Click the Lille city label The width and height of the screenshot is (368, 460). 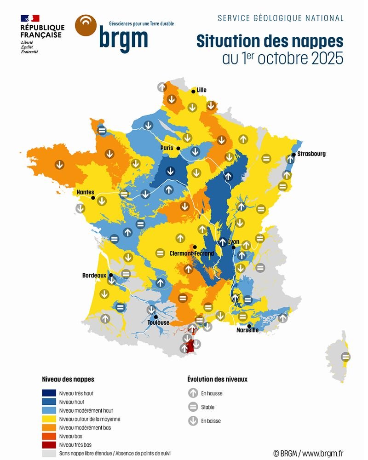(x=201, y=90)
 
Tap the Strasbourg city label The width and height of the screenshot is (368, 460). (x=311, y=154)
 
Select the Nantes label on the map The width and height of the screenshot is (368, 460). (x=86, y=192)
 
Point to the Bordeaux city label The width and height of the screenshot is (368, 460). (x=94, y=276)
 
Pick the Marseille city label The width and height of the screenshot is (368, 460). (x=247, y=330)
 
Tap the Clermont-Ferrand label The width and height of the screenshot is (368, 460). (x=191, y=253)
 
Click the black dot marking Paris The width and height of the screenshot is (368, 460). (x=178, y=148)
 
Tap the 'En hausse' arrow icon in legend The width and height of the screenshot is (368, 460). (x=193, y=393)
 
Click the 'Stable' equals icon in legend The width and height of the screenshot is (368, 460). (x=193, y=407)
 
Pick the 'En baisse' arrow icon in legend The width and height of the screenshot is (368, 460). (x=193, y=421)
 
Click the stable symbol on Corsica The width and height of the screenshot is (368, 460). (x=345, y=356)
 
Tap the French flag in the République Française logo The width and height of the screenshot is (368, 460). (x=30, y=18)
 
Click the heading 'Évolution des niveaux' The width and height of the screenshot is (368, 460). (x=217, y=379)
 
